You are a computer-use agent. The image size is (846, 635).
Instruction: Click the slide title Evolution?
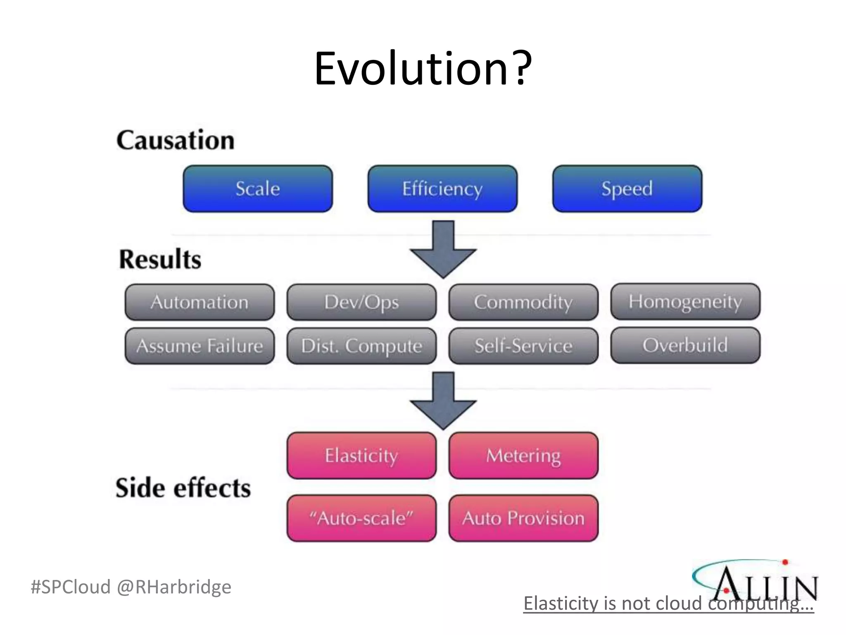[x=423, y=69]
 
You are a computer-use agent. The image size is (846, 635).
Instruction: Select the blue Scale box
[x=258, y=189]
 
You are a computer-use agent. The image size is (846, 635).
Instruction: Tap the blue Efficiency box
[x=442, y=189]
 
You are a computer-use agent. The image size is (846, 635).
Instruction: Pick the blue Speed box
[x=627, y=189]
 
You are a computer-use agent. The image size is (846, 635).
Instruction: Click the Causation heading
[x=176, y=140]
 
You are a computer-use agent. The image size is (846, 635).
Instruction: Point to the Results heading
[x=160, y=260]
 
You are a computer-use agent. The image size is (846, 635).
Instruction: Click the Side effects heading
[x=183, y=488]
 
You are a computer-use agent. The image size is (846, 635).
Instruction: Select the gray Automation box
[x=200, y=302]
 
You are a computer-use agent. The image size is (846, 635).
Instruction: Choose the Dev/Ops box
[x=361, y=302]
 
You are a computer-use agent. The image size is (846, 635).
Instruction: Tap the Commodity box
[x=523, y=302]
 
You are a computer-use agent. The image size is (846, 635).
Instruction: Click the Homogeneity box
[x=685, y=302]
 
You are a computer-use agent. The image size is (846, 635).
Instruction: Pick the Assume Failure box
[x=200, y=346]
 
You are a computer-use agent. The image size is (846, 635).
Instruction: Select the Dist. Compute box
[x=361, y=346]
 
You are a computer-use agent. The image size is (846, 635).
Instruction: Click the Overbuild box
[x=685, y=345]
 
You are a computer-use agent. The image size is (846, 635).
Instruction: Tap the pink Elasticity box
[x=361, y=456]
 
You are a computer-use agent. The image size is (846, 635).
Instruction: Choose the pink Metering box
[x=523, y=456]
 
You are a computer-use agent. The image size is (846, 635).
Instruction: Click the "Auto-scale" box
[x=361, y=518]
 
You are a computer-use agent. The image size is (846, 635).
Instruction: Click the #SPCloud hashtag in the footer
[x=71, y=587]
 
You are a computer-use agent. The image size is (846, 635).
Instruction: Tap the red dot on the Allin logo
[x=785, y=562]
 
